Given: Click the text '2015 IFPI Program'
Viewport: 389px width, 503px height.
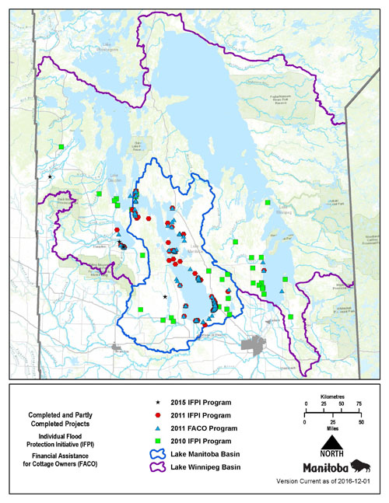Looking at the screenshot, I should click(204, 403).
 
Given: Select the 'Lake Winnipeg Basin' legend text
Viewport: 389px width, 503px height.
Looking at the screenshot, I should click(208, 466).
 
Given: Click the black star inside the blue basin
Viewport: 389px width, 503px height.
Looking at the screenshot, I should click(164, 296).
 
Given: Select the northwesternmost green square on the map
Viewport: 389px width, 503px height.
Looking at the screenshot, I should click(61, 146).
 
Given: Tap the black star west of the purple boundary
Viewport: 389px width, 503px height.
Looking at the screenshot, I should click(50, 176).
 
